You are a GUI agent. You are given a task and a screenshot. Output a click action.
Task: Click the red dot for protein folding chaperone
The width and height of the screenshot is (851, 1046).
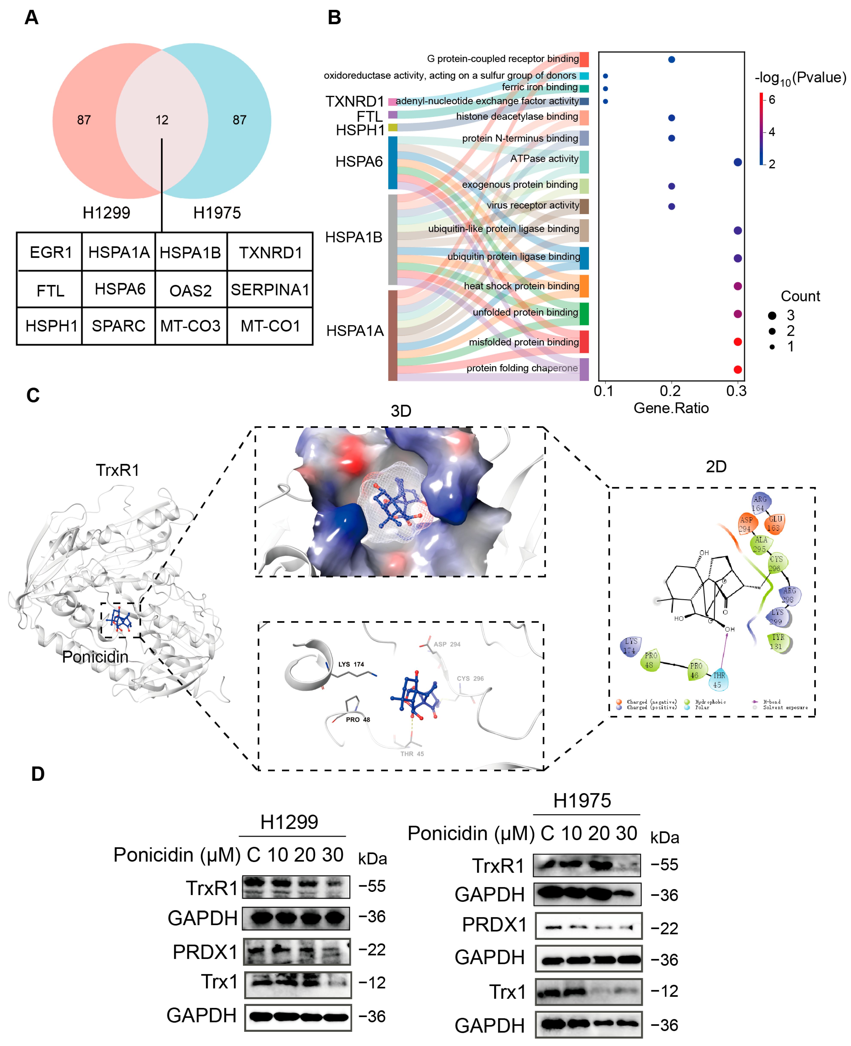(x=737, y=369)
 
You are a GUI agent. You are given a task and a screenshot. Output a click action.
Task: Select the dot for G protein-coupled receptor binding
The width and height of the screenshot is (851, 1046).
(x=672, y=59)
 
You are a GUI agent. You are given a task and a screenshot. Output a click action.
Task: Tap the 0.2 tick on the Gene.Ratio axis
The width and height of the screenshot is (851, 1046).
(x=670, y=391)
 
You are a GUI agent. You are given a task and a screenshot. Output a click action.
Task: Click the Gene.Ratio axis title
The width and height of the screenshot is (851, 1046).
(x=671, y=408)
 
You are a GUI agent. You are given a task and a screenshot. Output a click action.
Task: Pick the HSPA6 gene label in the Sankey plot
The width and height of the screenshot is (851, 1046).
(x=359, y=161)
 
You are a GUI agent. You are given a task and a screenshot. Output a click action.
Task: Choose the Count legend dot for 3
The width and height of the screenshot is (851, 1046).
(x=772, y=315)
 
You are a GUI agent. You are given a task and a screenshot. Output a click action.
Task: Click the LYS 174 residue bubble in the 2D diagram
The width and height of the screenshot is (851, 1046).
(x=631, y=646)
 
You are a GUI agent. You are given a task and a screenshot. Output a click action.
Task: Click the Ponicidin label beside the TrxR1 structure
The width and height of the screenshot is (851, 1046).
(x=95, y=657)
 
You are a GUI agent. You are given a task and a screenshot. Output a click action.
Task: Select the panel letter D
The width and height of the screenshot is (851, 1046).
(x=38, y=774)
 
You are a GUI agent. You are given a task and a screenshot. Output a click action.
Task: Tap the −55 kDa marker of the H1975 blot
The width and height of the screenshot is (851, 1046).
(x=664, y=865)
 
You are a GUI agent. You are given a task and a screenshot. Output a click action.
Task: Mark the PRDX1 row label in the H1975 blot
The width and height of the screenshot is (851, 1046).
(x=494, y=925)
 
